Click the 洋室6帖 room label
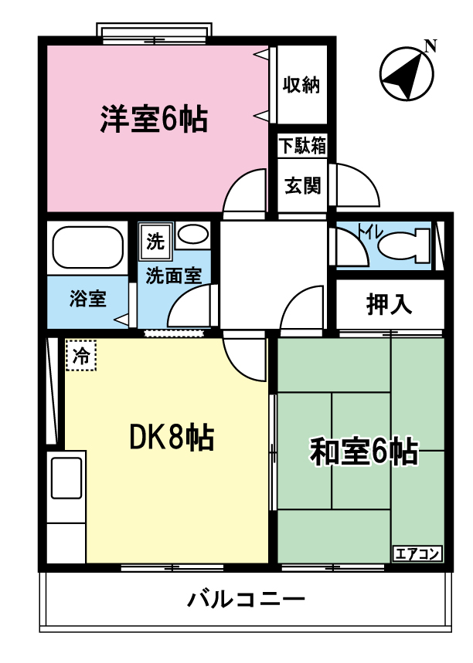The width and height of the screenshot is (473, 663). pyautogui.click(x=153, y=120)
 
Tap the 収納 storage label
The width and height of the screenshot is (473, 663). pyautogui.click(x=301, y=85)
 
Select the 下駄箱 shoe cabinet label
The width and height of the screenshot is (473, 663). pyautogui.click(x=302, y=144)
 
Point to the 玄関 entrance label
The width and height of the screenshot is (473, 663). pyautogui.click(x=302, y=186)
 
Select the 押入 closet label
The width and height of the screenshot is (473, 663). pyautogui.click(x=389, y=304)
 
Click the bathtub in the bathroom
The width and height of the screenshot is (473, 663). pyautogui.click(x=87, y=246)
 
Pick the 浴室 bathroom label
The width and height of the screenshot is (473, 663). pyautogui.click(x=87, y=299)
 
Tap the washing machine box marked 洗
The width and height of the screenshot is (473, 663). pyautogui.click(x=155, y=242)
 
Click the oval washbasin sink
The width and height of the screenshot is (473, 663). pyautogui.click(x=192, y=234)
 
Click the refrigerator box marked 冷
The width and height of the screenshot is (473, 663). pyautogui.click(x=80, y=356)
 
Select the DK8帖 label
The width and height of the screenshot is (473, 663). pyautogui.click(x=171, y=438)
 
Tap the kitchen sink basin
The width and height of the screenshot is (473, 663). pyautogui.click(x=66, y=477)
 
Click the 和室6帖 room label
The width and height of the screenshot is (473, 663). pyautogui.click(x=363, y=452)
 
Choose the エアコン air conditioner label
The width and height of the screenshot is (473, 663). pyautogui.click(x=417, y=553)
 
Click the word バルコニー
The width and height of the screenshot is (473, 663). pyautogui.click(x=246, y=599)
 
